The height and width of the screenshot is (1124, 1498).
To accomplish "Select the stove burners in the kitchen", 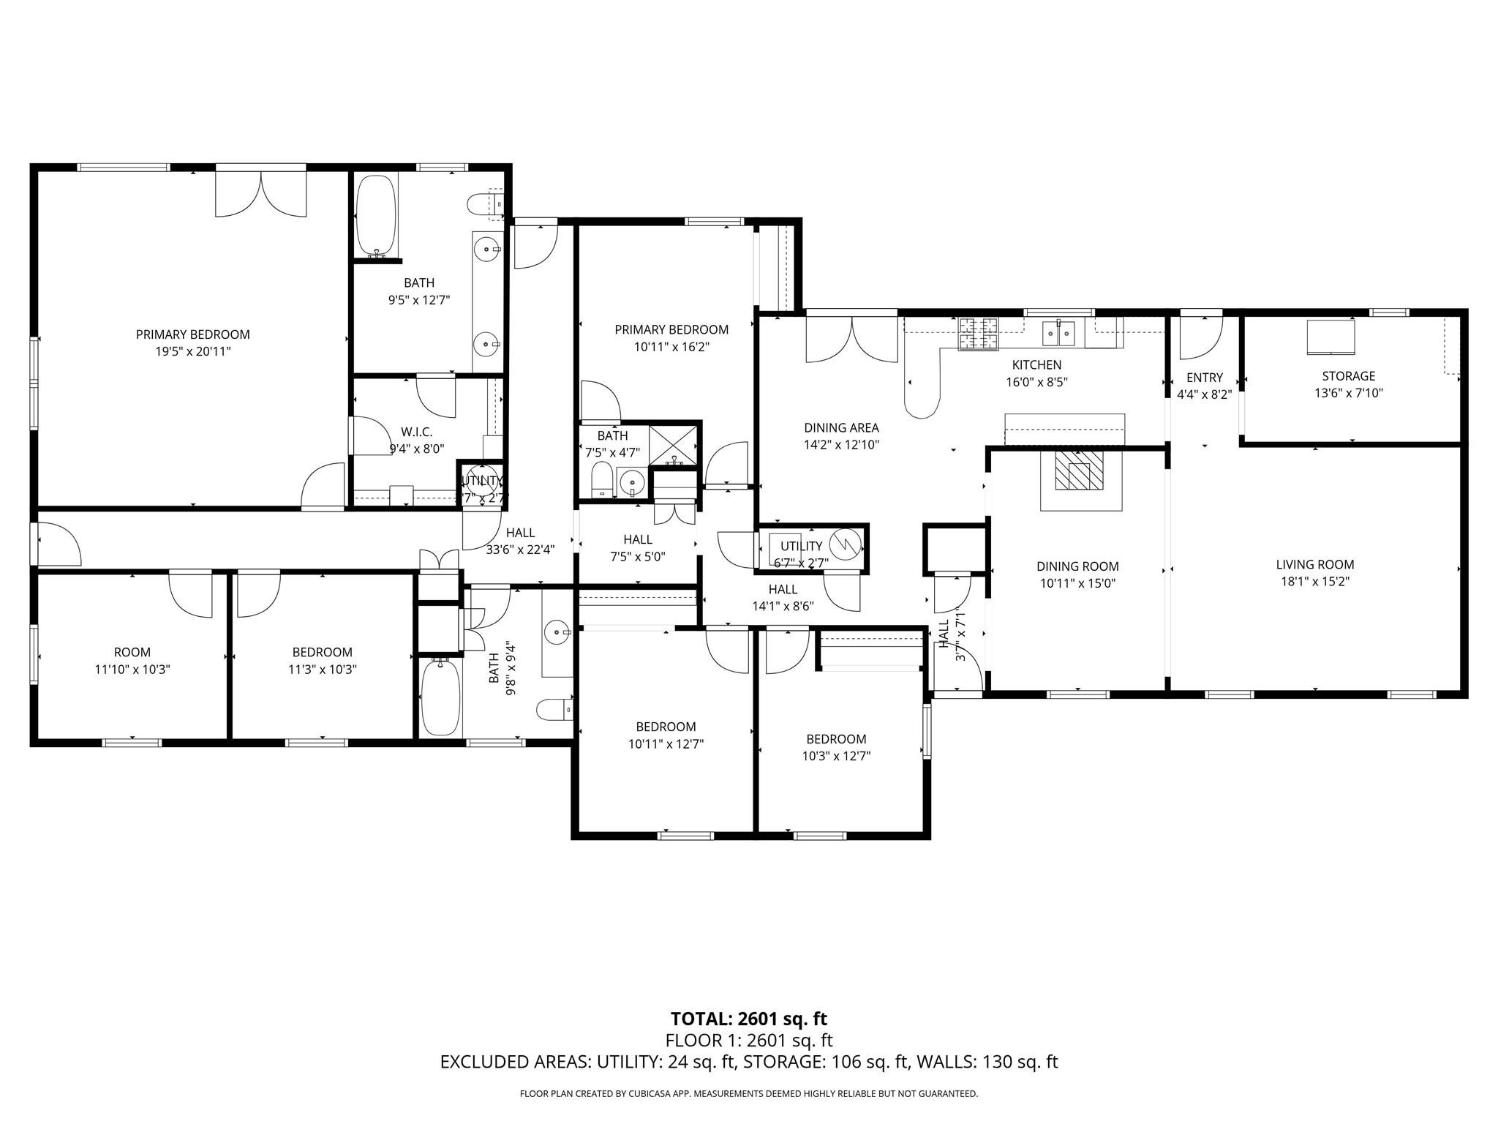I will (979, 333).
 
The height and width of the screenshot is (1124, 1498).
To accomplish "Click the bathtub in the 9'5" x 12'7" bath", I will (376, 214).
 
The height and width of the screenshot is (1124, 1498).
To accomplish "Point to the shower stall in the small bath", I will (674, 443).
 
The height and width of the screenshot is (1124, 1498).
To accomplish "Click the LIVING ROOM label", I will (1314, 564).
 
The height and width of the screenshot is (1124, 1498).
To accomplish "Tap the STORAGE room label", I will (1348, 376).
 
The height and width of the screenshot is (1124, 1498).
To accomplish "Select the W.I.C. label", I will (416, 432).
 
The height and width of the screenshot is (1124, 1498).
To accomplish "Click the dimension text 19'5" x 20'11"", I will (192, 351).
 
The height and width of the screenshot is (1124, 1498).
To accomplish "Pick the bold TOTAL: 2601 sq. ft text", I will (748, 1019).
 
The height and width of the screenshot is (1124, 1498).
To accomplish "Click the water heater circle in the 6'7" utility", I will (847, 544).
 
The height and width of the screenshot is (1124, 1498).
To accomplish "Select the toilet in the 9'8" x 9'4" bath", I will (554, 709).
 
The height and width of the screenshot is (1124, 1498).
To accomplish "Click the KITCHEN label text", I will (1036, 364).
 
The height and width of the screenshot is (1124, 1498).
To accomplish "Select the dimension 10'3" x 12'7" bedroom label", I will (836, 756).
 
